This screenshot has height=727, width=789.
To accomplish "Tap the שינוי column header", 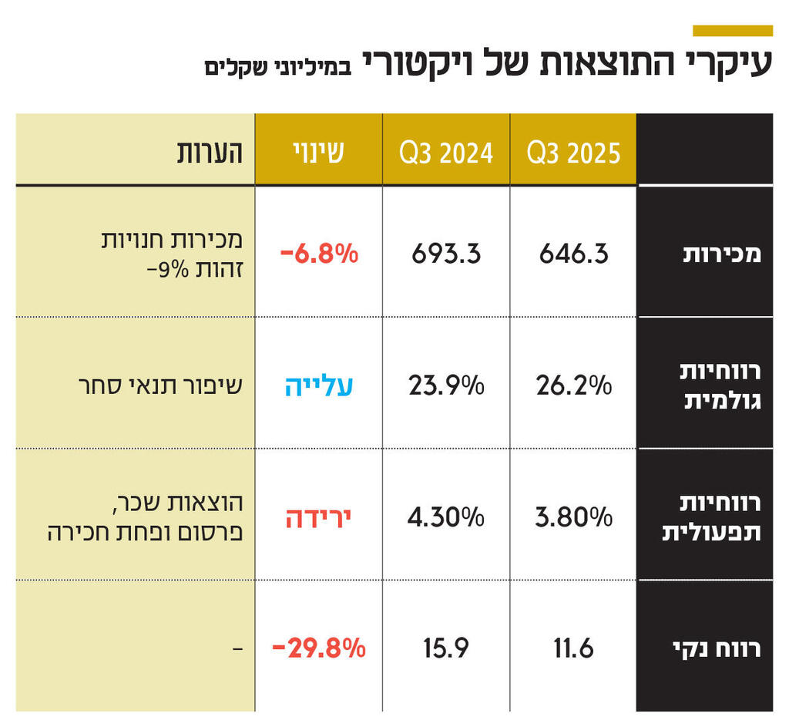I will tap(317, 152).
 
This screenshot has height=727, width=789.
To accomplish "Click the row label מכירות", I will tap(722, 254).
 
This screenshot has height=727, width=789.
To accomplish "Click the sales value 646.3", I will tap(573, 254).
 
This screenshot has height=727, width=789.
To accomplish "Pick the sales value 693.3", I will tap(445, 254).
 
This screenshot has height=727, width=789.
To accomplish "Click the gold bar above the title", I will tap(732, 31).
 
